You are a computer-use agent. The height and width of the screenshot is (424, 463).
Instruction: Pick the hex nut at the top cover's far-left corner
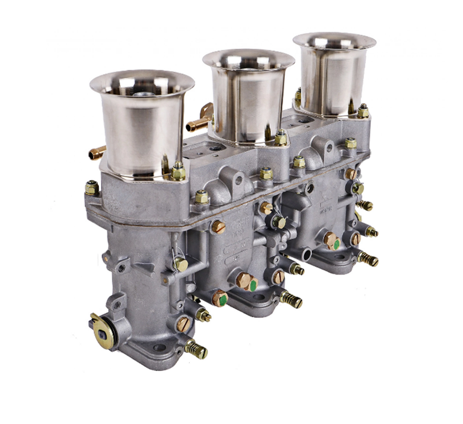[x=92, y=188]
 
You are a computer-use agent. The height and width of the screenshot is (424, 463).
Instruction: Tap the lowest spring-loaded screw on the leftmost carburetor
[x=196, y=349]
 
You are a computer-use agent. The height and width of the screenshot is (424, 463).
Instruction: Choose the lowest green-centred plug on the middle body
[x=220, y=298]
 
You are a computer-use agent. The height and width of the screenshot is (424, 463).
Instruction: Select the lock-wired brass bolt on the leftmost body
[x=180, y=264]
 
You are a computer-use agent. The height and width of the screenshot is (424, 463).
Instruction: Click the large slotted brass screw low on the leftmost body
[x=183, y=324]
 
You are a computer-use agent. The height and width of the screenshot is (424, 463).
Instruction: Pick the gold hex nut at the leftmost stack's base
[x=178, y=172]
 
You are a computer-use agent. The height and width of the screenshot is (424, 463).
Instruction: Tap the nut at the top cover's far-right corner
[x=363, y=112]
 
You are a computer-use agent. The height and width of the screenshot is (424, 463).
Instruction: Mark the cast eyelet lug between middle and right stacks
[x=327, y=147]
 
